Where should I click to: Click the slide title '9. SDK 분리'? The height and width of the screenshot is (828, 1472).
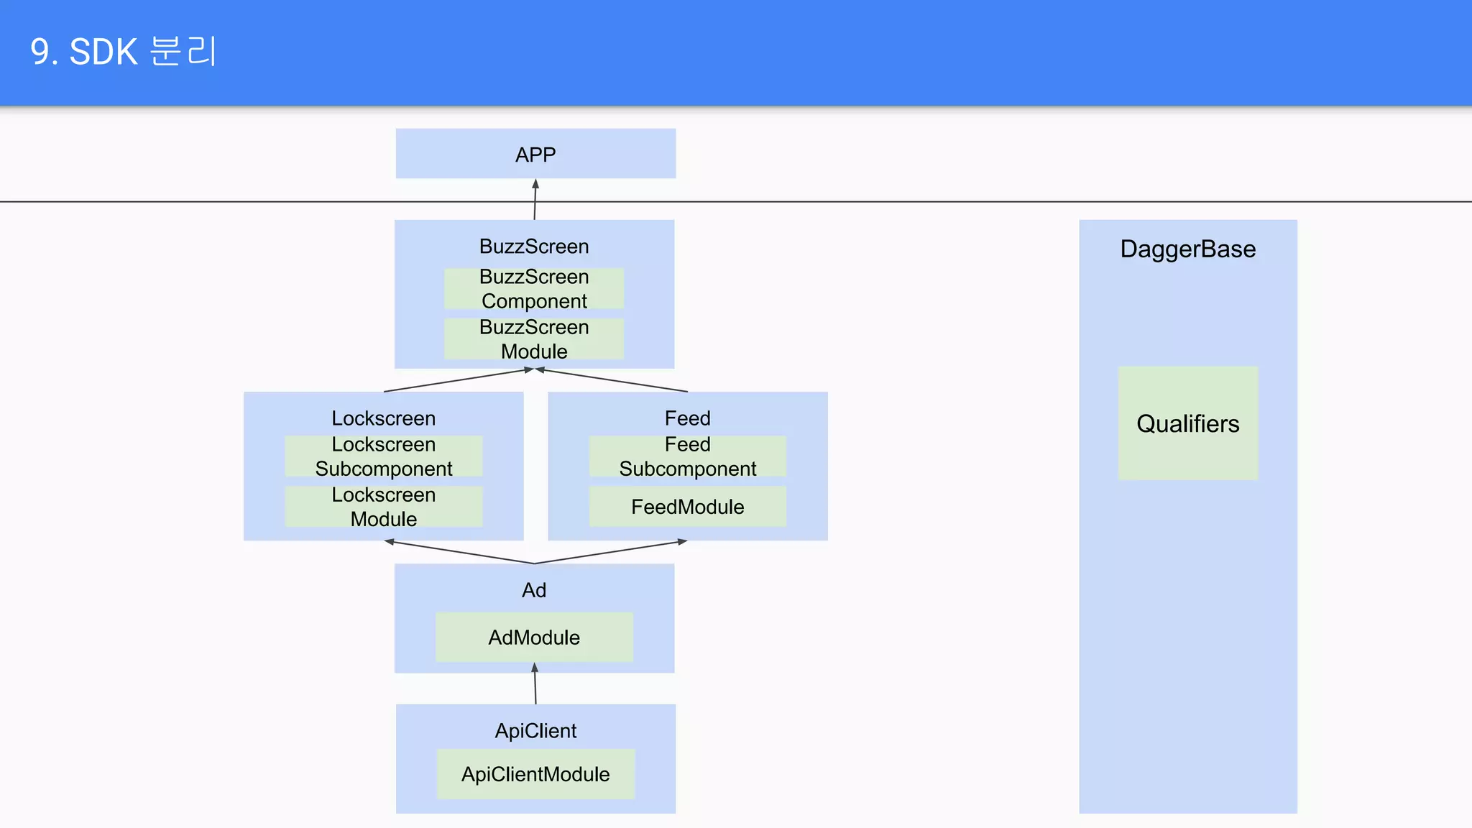click(x=123, y=52)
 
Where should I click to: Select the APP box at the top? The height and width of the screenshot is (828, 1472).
click(x=535, y=154)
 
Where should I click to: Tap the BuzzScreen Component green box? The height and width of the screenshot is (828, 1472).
click(x=534, y=288)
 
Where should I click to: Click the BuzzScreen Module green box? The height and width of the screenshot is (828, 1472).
click(x=534, y=339)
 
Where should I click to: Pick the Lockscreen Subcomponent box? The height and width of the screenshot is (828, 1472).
click(x=383, y=456)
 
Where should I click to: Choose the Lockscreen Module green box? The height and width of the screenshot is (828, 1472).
click(x=383, y=507)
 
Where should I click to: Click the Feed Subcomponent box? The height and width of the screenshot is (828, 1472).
click(x=687, y=456)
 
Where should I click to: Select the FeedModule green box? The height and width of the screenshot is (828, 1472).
click(x=687, y=507)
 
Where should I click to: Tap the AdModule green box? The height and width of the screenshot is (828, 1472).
click(x=534, y=637)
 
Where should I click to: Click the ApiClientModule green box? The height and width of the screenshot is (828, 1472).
click(x=535, y=774)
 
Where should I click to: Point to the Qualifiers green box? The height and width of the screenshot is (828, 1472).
click(x=1187, y=423)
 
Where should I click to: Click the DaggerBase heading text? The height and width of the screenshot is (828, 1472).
click(x=1187, y=249)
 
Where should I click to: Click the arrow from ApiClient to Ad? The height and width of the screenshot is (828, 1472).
click(x=535, y=684)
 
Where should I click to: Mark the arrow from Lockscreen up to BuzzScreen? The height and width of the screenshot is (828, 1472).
click(x=457, y=381)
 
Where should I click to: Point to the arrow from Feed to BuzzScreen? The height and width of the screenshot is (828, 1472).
click(x=613, y=380)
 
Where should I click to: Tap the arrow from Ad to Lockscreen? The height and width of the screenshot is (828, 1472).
click(x=460, y=552)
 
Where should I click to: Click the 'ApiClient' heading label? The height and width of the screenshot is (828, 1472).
click(x=535, y=730)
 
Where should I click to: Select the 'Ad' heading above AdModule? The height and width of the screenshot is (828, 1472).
click(x=534, y=590)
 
